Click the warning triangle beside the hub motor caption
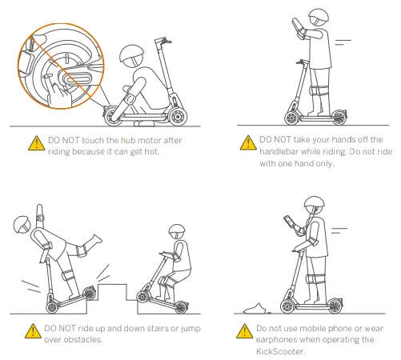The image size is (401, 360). (x=35, y=142)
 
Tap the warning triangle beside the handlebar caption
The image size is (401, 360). (x=247, y=142)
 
